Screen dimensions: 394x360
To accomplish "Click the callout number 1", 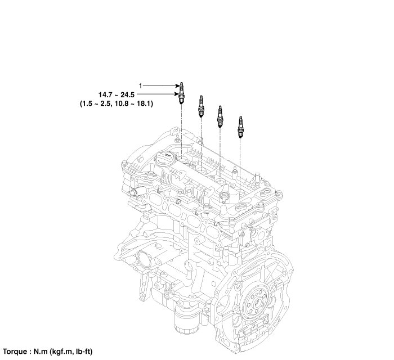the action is [x=141, y=86].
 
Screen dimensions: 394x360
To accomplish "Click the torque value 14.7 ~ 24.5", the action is [x=117, y=94].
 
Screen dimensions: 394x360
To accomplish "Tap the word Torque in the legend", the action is [x=15, y=351].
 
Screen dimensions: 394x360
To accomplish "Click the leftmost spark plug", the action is [x=181, y=93].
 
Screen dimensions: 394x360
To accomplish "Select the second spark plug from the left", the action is [x=201, y=106].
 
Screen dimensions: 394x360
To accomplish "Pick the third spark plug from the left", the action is [x=220, y=116].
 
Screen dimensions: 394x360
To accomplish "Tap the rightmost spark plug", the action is [x=240, y=127].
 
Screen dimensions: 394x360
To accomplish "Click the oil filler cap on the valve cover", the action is [x=164, y=159].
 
